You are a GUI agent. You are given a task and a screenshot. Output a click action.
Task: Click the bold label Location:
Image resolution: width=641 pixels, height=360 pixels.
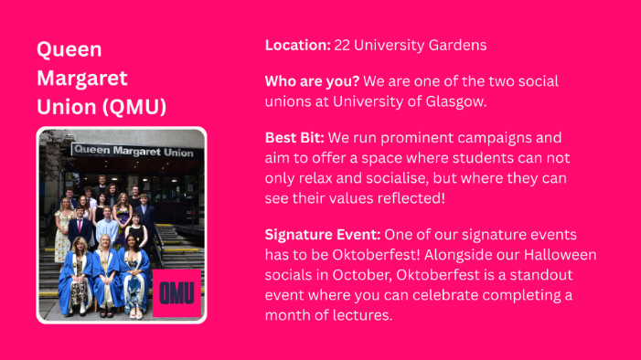point(297,44)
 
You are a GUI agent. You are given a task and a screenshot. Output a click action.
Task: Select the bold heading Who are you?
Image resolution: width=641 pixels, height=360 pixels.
point(312,80)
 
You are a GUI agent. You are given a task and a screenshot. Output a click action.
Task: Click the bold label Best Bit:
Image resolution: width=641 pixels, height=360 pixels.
point(294,138)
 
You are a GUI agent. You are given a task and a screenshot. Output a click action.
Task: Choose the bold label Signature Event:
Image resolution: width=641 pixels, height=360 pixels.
point(322,234)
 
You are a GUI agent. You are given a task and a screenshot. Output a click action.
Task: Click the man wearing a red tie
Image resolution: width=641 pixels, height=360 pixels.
point(81,226)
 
